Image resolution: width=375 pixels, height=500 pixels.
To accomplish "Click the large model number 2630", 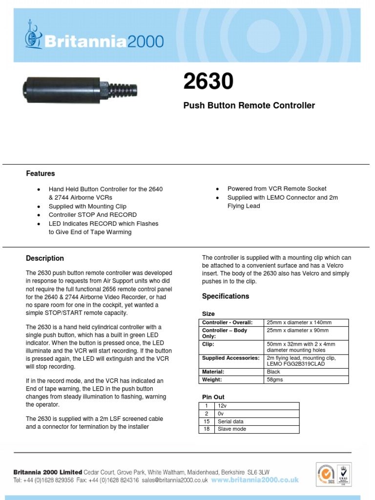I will click(208, 82).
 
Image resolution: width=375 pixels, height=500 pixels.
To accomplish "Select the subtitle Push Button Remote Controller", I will click(249, 105).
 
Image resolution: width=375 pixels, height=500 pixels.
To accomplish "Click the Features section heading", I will click(40, 173).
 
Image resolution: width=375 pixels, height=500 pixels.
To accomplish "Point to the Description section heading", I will click(44, 258).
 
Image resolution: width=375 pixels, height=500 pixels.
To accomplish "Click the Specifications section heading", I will click(225, 296).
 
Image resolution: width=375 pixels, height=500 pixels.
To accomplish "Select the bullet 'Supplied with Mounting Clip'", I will click(87, 206).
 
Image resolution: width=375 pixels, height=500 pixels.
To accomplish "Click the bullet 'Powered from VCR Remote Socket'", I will click(277, 188).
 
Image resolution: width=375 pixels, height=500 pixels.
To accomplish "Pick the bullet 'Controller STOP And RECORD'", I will click(92, 215).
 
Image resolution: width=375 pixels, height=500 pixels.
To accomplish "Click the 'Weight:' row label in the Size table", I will click(213, 379).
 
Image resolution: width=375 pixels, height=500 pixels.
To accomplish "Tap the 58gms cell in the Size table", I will click(275, 379).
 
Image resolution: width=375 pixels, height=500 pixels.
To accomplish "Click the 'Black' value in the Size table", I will click(274, 372).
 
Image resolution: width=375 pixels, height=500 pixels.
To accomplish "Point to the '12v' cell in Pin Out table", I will click(224, 406).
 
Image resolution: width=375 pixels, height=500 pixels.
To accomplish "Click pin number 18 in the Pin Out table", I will click(206, 429).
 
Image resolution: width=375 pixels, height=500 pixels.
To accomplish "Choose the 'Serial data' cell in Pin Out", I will click(230, 421).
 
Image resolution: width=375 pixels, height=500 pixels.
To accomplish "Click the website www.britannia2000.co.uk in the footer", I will click(254, 480).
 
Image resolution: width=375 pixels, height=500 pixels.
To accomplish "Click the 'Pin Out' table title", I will click(213, 397).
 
